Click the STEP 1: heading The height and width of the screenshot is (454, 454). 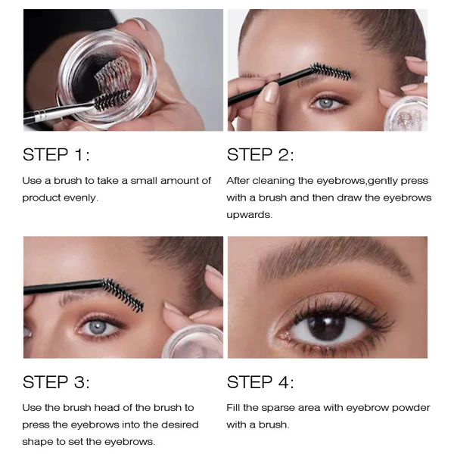point(56,154)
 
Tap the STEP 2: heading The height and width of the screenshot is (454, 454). point(260,154)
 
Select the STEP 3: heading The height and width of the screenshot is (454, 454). point(56,382)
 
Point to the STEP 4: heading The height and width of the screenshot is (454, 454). point(260,382)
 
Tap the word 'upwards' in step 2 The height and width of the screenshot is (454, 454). point(249,215)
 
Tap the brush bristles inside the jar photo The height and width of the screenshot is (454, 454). point(112,98)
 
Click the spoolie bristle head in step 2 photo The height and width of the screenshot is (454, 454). point(331,71)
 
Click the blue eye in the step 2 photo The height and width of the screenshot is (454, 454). point(327,103)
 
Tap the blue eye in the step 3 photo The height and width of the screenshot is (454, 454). point(98,327)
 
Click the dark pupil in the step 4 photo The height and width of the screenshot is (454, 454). point(326,327)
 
